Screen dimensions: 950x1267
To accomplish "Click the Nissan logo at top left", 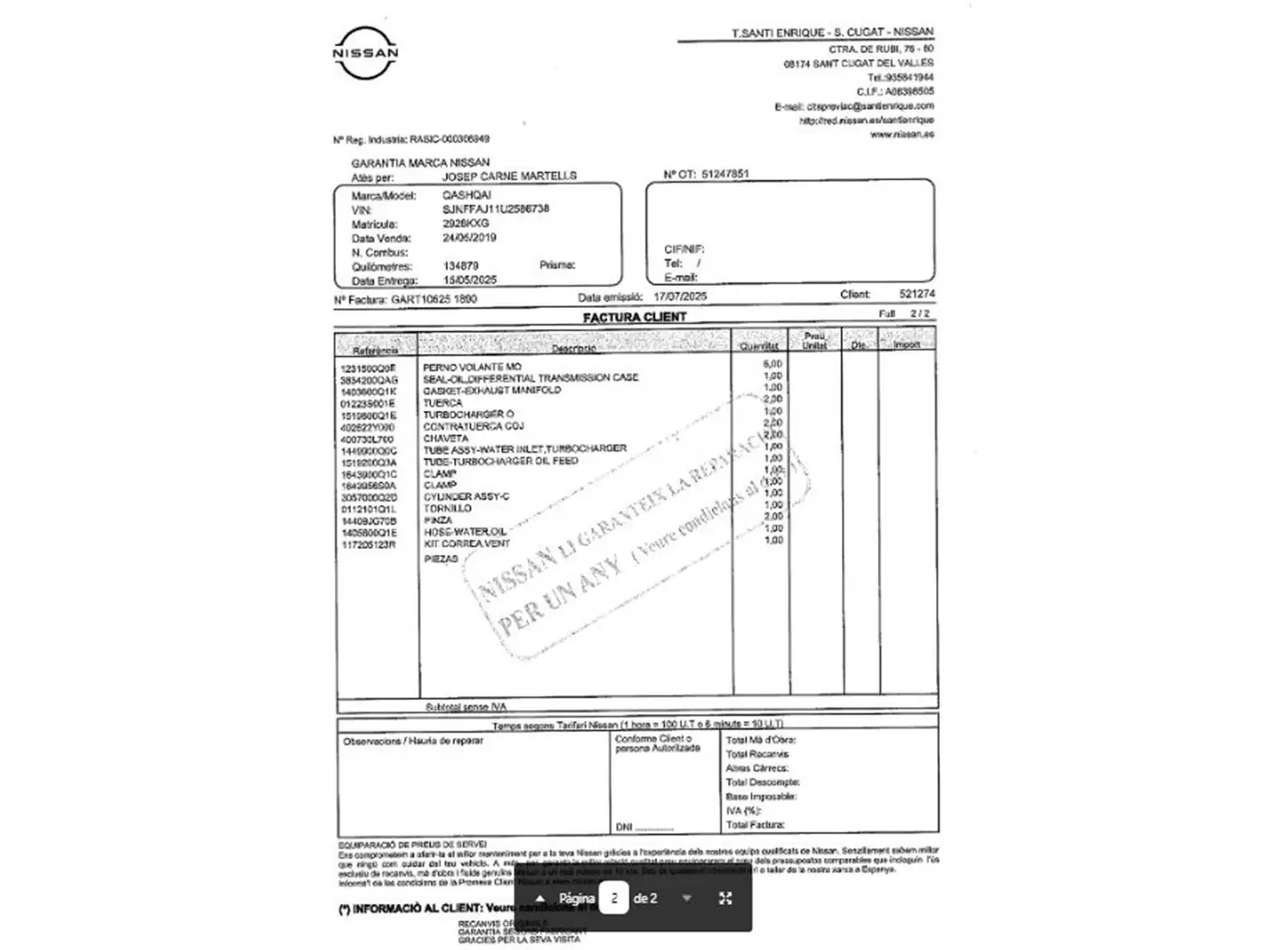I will pos(365,53).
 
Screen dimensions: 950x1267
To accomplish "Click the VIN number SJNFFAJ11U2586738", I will pos(495,209).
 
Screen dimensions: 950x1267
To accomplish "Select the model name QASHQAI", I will pos(466,195).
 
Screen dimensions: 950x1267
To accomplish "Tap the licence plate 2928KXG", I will pos(465,223).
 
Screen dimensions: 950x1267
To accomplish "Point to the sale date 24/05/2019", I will pos(469,237).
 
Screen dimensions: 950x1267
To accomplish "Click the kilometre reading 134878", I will pos(461,266).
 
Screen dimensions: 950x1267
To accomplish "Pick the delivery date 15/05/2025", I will pos(470,280).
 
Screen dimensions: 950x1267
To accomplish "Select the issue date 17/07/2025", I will pos(679,297).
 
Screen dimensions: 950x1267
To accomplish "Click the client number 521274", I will pos(917,294).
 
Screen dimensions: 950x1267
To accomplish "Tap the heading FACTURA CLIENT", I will pos(634,317).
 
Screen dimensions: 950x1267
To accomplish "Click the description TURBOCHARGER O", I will pos(468,414).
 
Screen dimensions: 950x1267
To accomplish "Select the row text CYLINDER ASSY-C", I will pos(466,497).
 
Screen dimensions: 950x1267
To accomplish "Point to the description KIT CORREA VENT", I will pos(466,544).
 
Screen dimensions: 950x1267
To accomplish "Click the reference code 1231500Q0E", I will pos(368,369).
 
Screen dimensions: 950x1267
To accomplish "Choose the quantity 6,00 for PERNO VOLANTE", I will pos(773,363).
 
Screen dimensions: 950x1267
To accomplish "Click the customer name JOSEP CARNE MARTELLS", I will pos(509,176).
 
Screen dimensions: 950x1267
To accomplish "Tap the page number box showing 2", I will pos(613,898).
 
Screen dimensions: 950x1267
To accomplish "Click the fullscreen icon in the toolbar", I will pos(726,898).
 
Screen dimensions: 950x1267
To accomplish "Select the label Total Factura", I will pos(755,825).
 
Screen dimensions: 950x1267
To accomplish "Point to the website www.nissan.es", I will pos(902,135).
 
